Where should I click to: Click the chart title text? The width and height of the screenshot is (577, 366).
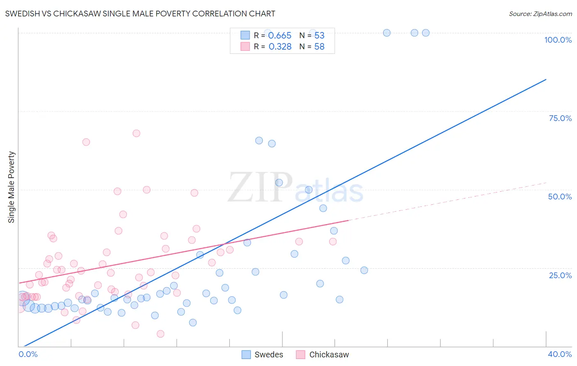(x=140, y=14)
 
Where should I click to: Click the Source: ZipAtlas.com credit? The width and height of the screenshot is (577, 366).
(x=540, y=14)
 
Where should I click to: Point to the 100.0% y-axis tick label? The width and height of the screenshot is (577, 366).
(x=558, y=40)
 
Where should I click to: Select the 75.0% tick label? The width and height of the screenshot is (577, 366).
(x=560, y=118)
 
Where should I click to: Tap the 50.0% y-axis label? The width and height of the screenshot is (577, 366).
(x=559, y=197)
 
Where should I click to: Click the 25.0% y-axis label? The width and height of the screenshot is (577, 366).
(x=560, y=275)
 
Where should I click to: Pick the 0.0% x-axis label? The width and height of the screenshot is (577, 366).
(x=28, y=354)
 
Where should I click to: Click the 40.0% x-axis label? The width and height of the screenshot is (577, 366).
(x=559, y=354)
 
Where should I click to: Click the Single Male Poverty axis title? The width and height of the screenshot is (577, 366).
(x=11, y=187)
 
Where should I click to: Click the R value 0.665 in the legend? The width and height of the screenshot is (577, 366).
(x=279, y=36)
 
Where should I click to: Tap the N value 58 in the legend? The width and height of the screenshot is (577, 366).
(x=319, y=47)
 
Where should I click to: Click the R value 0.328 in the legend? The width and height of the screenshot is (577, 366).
(x=280, y=47)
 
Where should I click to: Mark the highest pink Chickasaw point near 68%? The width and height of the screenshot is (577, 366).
(x=136, y=133)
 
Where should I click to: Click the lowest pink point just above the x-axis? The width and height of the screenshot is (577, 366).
(x=160, y=334)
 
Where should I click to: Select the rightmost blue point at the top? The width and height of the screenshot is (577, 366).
(x=426, y=33)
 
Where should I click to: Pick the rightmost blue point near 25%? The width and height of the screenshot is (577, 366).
(x=364, y=270)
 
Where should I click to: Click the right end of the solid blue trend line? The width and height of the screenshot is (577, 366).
(x=546, y=79)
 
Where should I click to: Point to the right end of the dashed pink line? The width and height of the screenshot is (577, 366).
(x=546, y=183)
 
